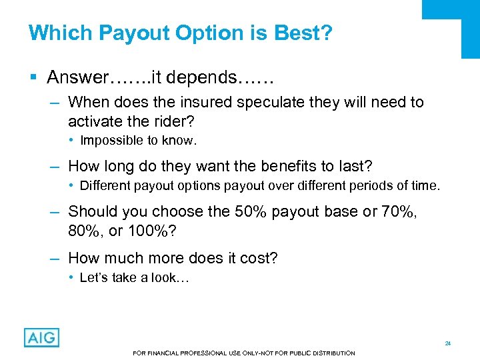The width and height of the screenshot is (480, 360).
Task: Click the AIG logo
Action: [x=41, y=337]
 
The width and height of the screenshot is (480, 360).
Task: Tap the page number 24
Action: [x=448, y=343]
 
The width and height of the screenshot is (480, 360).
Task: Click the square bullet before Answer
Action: [x=33, y=78]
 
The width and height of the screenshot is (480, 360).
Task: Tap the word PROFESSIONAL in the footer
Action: [x=183, y=353]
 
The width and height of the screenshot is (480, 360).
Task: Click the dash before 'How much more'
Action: [x=56, y=258]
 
